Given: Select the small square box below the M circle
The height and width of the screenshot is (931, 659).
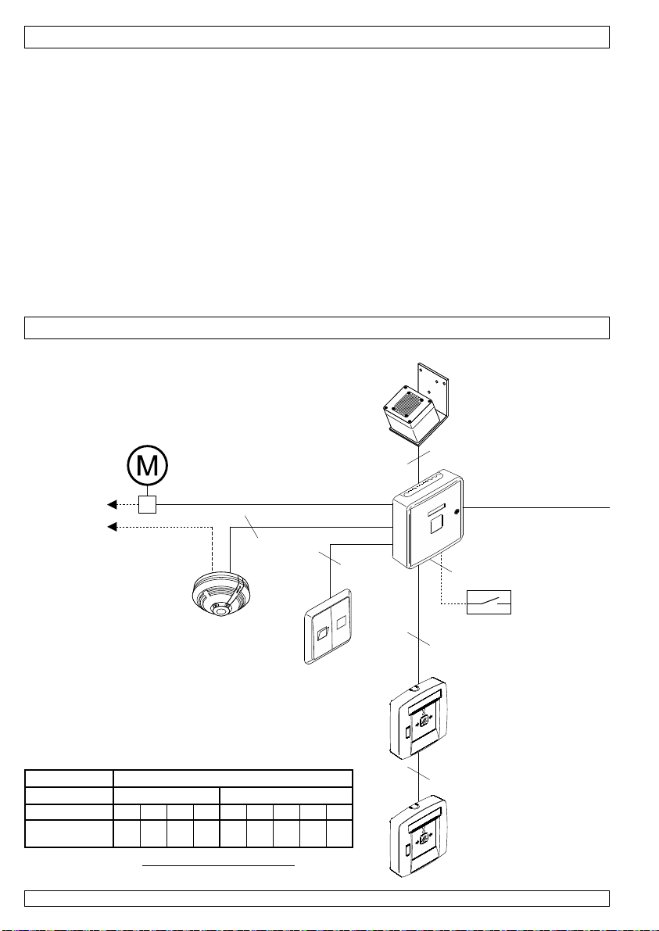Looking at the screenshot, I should click(x=149, y=505).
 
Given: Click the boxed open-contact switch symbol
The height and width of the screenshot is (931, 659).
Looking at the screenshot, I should click(x=489, y=602).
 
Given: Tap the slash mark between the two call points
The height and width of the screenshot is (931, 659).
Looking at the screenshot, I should click(x=420, y=775).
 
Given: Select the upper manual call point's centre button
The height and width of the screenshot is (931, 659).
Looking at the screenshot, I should click(x=423, y=723).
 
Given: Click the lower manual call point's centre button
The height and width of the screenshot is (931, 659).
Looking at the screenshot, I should click(x=423, y=841).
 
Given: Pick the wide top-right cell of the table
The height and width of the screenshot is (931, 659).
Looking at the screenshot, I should click(x=233, y=778).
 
